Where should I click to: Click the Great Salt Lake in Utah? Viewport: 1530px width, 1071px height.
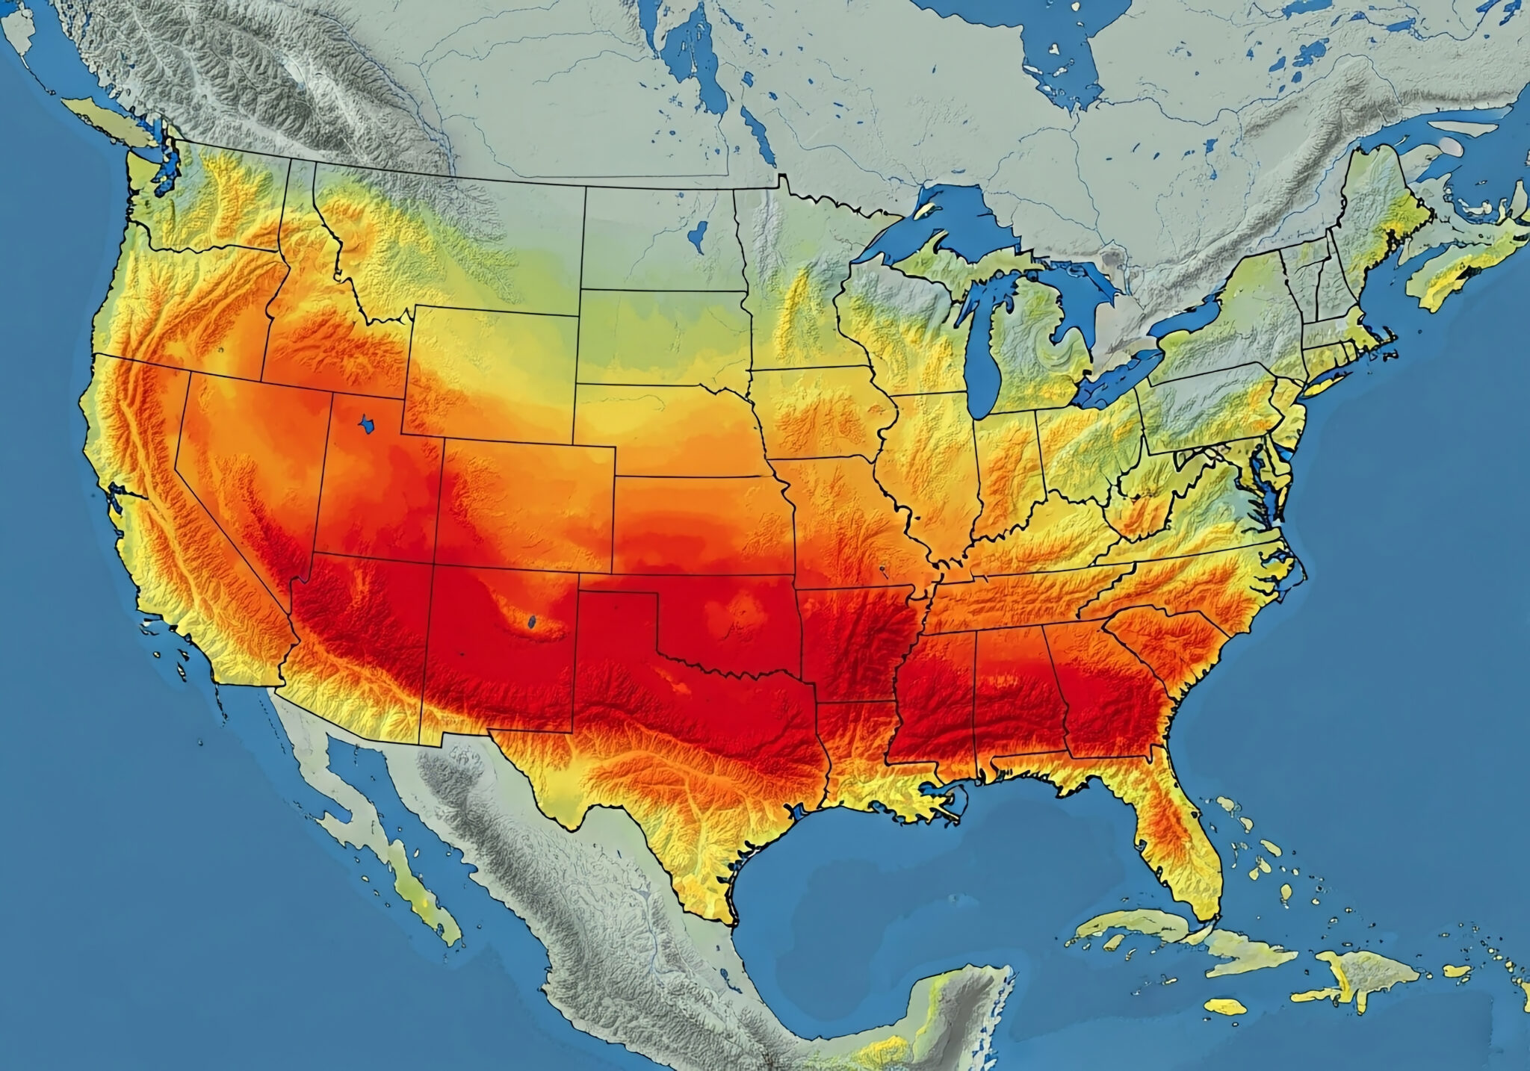367,425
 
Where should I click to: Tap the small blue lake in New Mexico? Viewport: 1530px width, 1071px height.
531,621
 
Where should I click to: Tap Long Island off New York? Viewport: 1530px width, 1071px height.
1326,384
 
